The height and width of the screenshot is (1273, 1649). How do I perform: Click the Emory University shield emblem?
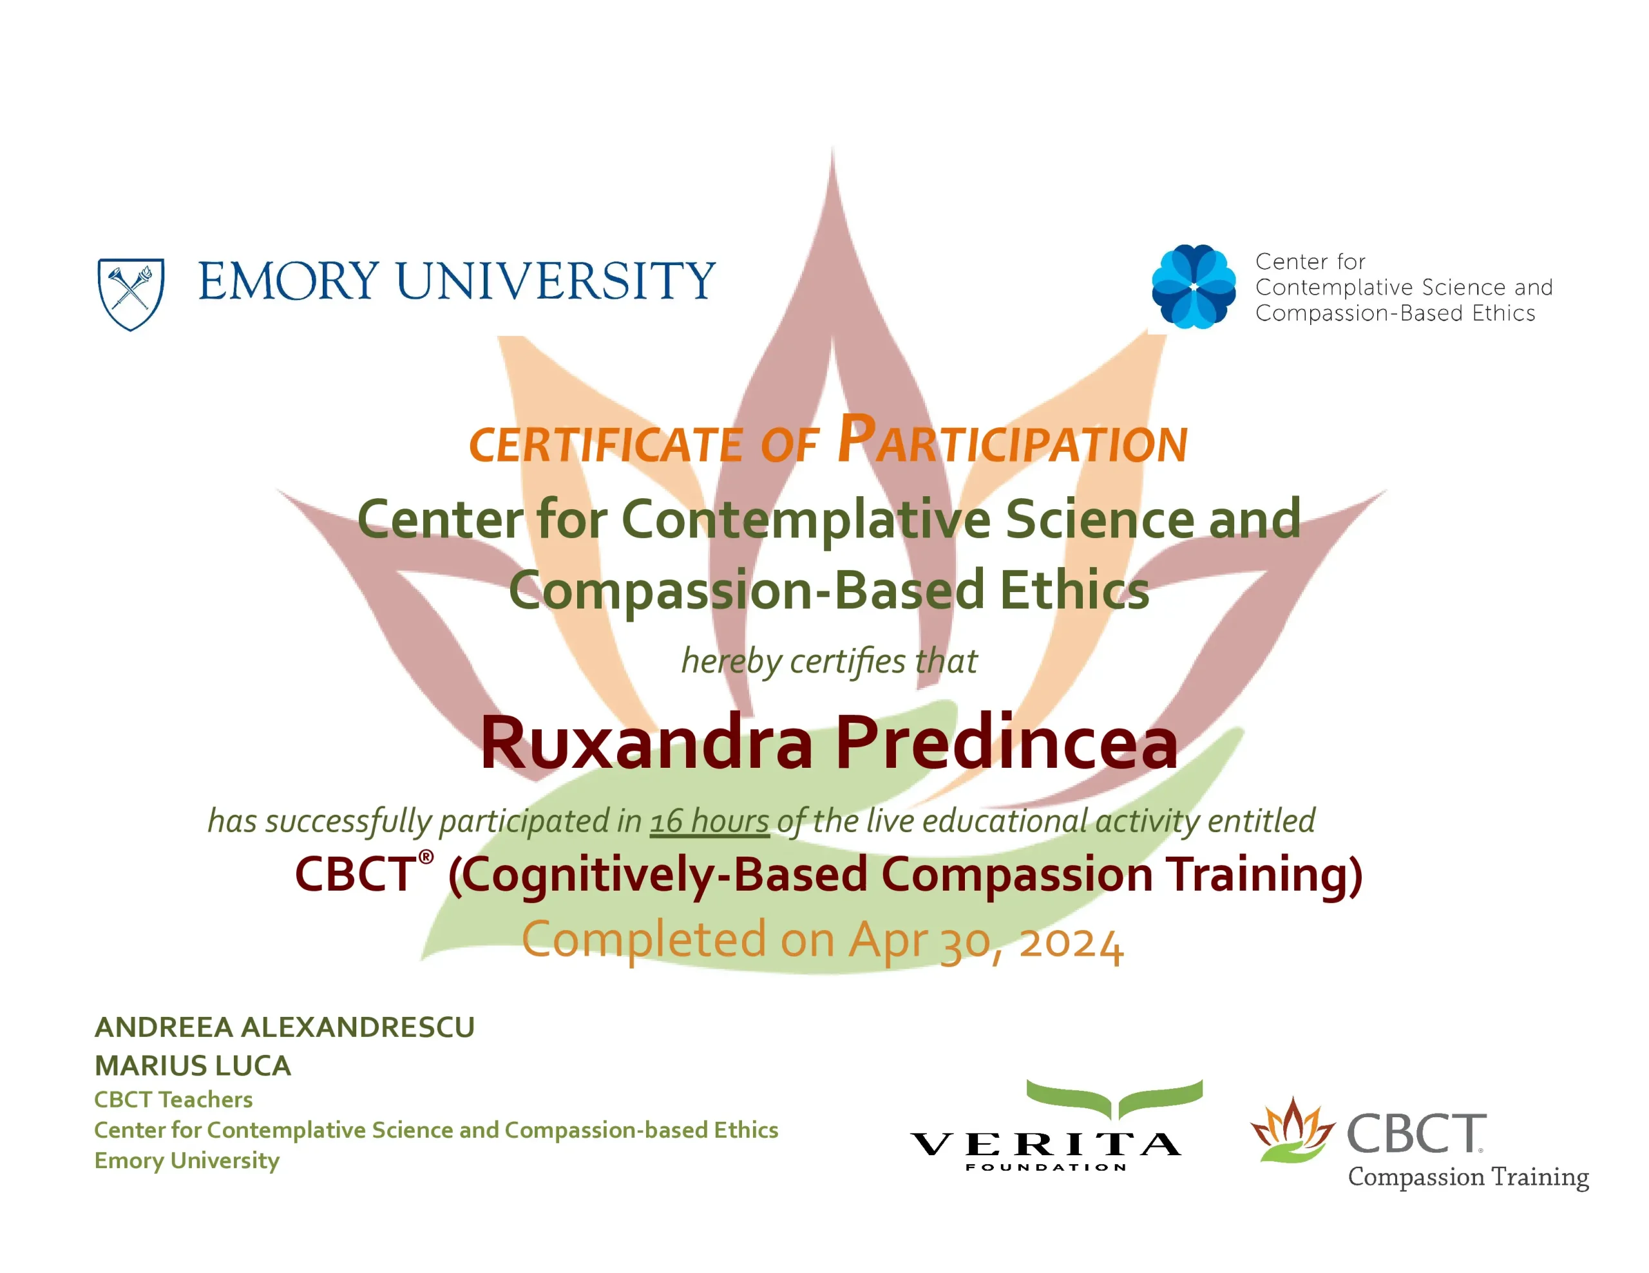(131, 294)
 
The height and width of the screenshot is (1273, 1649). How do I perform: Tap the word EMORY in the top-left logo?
(289, 281)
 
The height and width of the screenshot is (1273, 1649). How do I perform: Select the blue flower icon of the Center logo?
(1194, 287)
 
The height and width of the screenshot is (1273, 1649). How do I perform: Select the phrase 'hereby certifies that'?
(829, 662)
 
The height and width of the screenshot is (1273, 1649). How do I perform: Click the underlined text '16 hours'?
(710, 821)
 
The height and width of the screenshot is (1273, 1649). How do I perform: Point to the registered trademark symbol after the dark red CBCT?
(426, 857)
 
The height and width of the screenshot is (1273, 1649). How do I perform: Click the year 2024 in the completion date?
(1071, 942)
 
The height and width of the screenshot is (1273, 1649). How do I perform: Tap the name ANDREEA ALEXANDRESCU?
(285, 1027)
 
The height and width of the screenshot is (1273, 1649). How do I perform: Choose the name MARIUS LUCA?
(193, 1066)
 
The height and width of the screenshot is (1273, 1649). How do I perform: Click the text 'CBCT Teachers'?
(174, 1099)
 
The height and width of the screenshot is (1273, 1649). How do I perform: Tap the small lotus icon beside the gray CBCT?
(1292, 1129)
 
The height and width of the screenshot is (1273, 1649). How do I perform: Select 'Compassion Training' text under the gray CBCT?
(1469, 1177)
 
